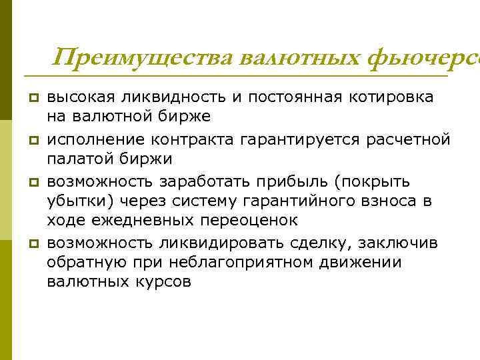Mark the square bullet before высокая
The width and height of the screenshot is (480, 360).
coord(31,98)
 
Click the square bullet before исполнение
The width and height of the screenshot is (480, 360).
coord(31,140)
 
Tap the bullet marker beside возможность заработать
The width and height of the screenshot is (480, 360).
coord(31,182)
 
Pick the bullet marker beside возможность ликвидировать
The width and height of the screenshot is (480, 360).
coord(31,243)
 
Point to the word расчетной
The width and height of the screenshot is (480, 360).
coord(411,139)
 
